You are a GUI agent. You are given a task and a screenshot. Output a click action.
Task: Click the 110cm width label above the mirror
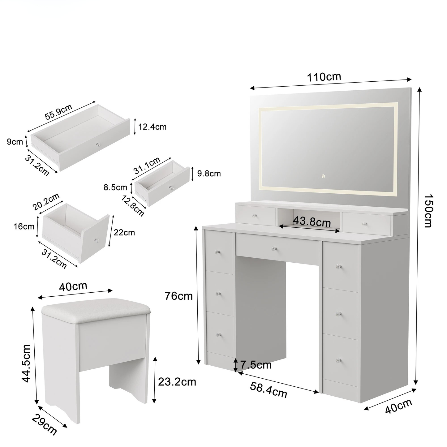(x=324, y=77)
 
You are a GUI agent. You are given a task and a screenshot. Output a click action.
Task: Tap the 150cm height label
(x=428, y=211)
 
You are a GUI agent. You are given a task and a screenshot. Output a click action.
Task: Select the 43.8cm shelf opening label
(x=312, y=222)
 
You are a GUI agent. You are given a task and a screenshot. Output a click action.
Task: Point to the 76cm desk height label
(x=178, y=296)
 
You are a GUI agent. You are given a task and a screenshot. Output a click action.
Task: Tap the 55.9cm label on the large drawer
(x=58, y=112)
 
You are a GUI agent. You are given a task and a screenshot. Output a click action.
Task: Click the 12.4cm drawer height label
(x=153, y=127)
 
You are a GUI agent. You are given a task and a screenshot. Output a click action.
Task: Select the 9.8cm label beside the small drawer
(x=209, y=174)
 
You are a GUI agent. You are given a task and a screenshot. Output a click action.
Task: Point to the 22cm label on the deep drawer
(x=124, y=232)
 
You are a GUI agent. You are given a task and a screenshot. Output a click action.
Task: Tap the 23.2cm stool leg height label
(x=177, y=382)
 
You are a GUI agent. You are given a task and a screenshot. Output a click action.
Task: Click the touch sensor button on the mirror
(x=323, y=176)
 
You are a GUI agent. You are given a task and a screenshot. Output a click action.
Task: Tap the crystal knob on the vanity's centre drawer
(x=274, y=249)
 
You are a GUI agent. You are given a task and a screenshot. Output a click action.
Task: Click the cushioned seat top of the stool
(x=96, y=310)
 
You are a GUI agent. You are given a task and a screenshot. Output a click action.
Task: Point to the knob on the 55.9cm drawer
(x=98, y=145)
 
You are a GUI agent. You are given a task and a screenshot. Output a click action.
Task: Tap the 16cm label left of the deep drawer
(x=24, y=226)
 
